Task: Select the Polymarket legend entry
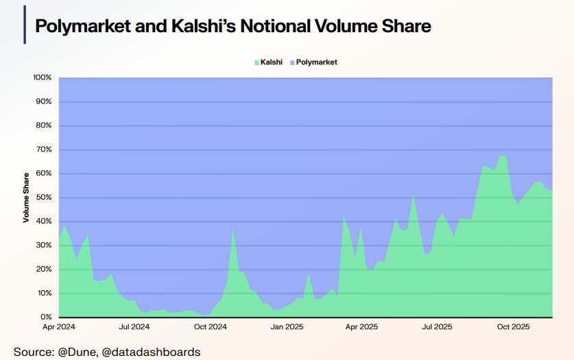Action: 316,62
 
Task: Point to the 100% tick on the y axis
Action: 43,77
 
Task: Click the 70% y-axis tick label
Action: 44,149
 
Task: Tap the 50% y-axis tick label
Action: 44,197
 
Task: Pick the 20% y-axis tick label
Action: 44,269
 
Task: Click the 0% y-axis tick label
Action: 46,317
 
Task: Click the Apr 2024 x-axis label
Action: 59,327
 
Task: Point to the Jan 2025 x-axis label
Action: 287,327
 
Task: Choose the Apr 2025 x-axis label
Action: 362,327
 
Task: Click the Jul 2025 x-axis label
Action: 437,327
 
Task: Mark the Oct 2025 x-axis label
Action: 513,327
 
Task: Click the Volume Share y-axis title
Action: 26,197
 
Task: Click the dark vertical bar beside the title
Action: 25,26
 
